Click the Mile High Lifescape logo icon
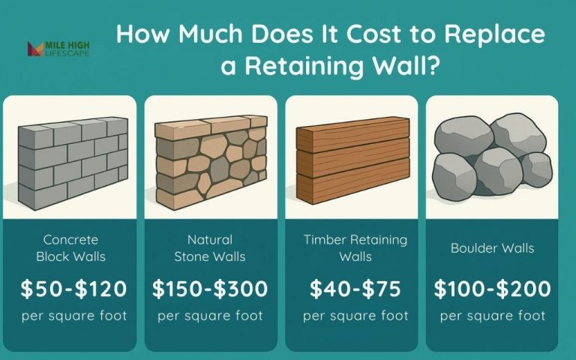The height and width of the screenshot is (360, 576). pyautogui.click(x=34, y=49)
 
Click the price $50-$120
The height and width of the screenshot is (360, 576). pyautogui.click(x=73, y=288)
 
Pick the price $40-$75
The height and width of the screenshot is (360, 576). pyautogui.click(x=355, y=288)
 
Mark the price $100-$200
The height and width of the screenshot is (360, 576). pyautogui.click(x=492, y=288)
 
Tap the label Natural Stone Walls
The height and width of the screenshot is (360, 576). pyautogui.click(x=210, y=247)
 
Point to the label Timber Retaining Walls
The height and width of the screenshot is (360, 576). pyautogui.click(x=355, y=247)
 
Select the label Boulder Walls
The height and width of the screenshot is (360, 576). pyautogui.click(x=492, y=247)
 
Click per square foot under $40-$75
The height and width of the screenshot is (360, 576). pyautogui.click(x=355, y=316)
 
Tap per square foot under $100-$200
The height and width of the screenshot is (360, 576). pyautogui.click(x=492, y=316)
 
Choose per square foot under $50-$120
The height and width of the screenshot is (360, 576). pyautogui.click(x=73, y=316)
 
